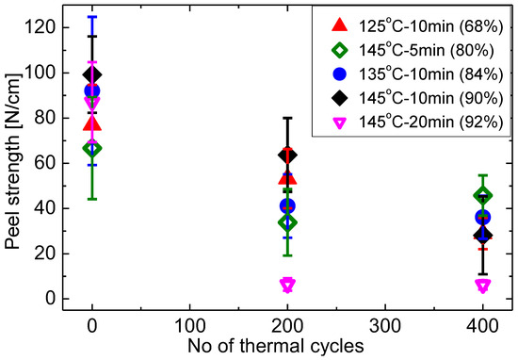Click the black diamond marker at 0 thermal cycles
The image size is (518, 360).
pyautogui.click(x=91, y=74)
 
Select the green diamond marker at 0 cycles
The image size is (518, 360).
pyautogui.click(x=91, y=148)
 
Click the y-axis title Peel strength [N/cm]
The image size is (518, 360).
pyautogui.click(x=13, y=163)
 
